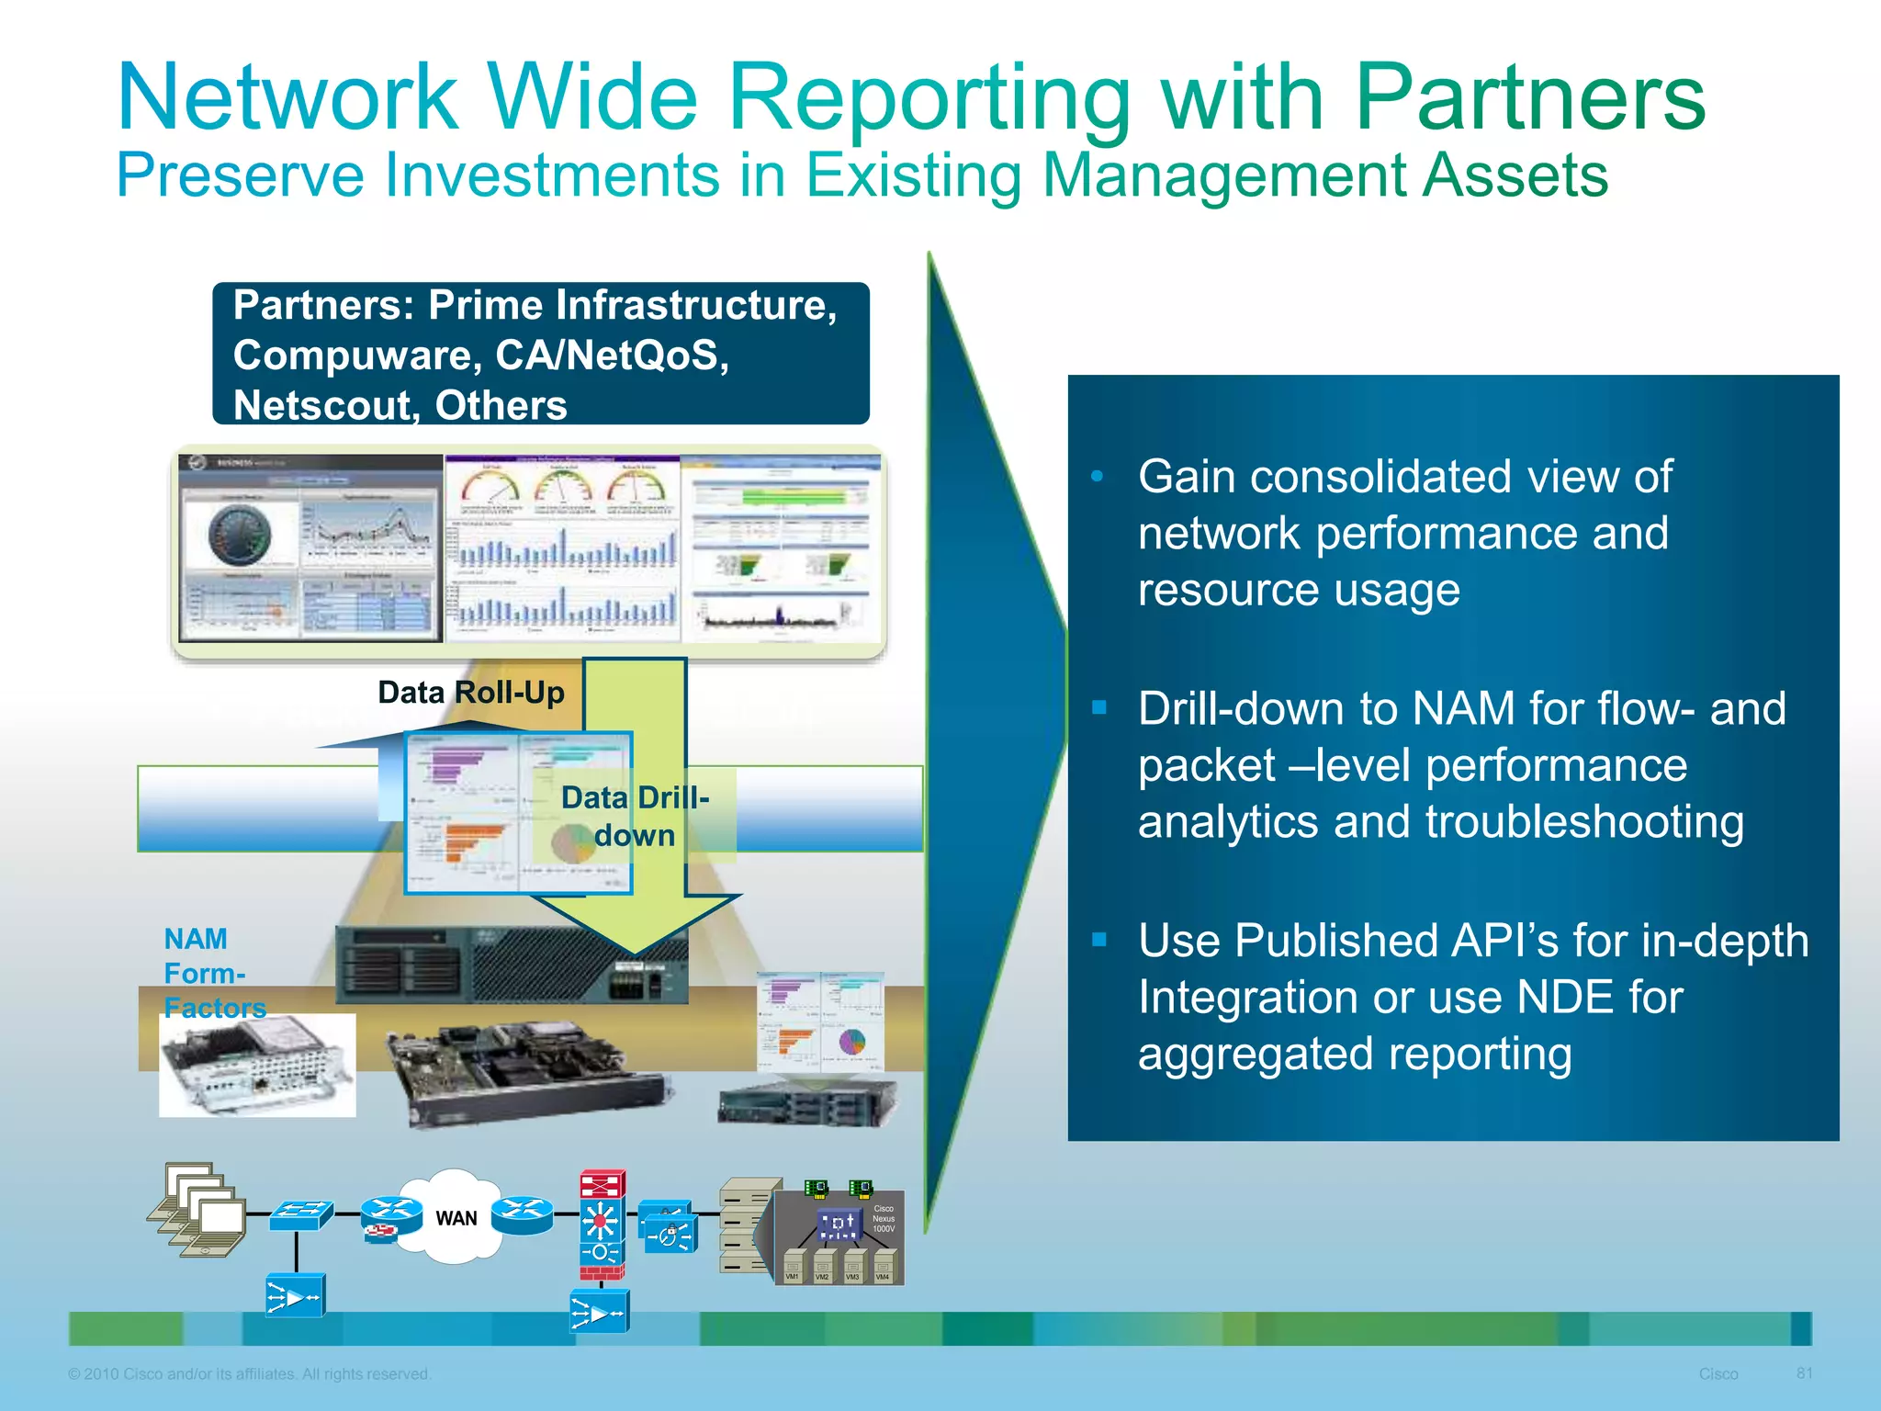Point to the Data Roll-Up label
point(471,693)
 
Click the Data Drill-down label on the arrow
point(635,816)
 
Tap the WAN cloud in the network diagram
point(456,1218)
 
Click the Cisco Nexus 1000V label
point(883,1219)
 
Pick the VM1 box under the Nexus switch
point(793,1269)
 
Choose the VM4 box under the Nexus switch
point(883,1269)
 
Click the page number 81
point(1804,1373)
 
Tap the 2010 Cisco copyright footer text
point(249,1374)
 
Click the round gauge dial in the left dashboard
point(240,536)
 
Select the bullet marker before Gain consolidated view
point(1097,477)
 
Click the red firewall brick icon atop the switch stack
point(603,1184)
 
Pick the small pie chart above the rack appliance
point(852,1042)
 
